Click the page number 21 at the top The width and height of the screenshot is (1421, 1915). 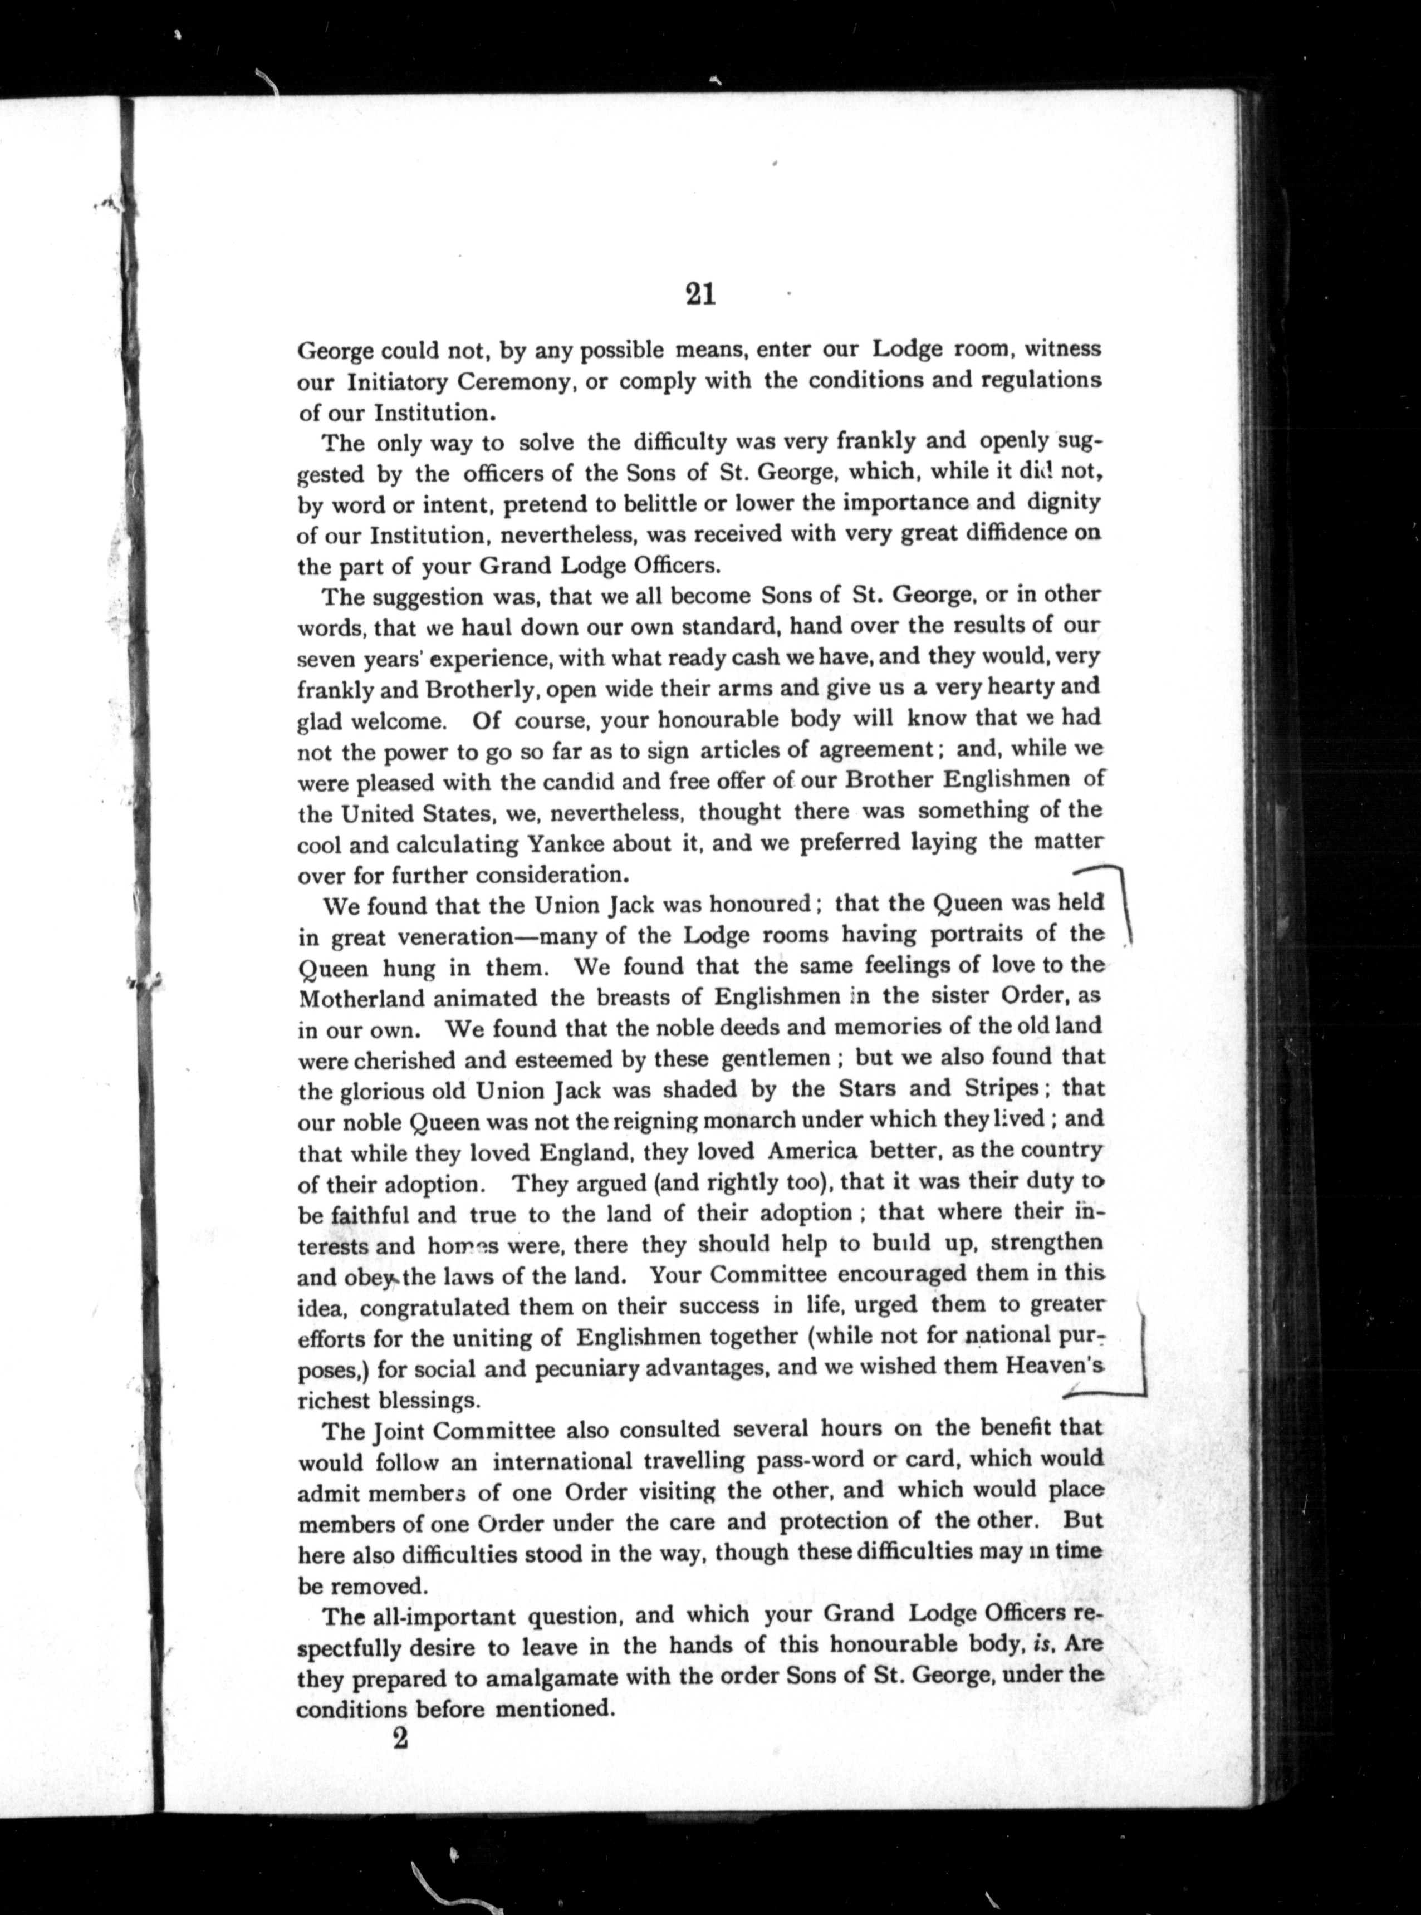pos(701,295)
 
